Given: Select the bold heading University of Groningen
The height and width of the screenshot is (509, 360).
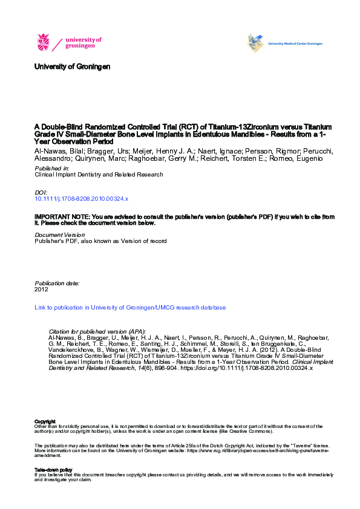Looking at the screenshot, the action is click(73, 66).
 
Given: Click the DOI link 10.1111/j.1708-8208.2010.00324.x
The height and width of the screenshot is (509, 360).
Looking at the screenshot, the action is click(82, 198).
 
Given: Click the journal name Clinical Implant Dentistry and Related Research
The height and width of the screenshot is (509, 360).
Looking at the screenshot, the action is click(99, 175).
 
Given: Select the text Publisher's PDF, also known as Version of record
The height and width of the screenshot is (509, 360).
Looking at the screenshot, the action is click(100, 241).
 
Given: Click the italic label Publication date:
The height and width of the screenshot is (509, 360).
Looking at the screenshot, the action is click(57, 283).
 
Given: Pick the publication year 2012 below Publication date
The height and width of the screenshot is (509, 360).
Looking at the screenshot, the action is click(41, 290).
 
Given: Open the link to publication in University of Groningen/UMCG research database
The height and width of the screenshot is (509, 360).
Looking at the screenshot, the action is click(130, 308).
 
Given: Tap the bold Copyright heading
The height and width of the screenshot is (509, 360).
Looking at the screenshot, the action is click(45, 421).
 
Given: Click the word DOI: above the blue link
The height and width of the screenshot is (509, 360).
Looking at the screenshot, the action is click(41, 192).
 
